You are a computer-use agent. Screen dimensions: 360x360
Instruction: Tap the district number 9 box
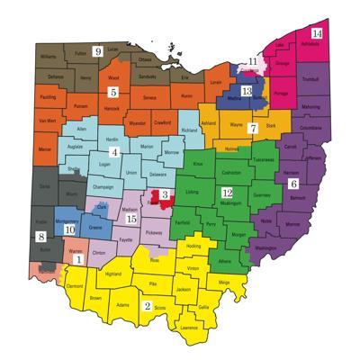98,50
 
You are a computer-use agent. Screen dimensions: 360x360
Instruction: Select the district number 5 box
113,92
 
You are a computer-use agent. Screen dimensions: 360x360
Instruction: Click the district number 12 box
228,193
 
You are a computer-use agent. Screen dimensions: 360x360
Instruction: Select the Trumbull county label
312,79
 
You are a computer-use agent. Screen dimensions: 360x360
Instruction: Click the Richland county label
189,130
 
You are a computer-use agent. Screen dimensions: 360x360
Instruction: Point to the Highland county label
112,274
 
